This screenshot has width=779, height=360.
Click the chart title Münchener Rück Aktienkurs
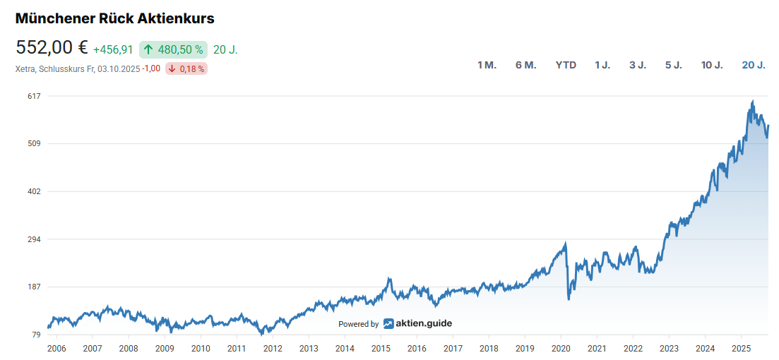115,18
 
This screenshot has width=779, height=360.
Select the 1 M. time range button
487,65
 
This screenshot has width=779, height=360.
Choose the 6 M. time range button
525,65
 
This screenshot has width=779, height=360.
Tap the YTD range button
566,65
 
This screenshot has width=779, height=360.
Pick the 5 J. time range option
673,65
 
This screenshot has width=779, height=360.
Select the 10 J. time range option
711,65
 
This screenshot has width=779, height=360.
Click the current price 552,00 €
52,48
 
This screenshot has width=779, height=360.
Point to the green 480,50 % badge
173,49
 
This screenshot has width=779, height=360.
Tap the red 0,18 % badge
186,68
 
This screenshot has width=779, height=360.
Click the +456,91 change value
113,49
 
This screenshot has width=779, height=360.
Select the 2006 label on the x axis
56,348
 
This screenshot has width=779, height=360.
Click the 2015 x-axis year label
381,348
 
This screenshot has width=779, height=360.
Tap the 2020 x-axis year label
561,348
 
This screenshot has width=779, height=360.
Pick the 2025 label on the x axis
741,348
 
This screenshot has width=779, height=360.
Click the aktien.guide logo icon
388,324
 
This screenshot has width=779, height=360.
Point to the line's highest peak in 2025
753,102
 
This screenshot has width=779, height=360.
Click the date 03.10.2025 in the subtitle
119,68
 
